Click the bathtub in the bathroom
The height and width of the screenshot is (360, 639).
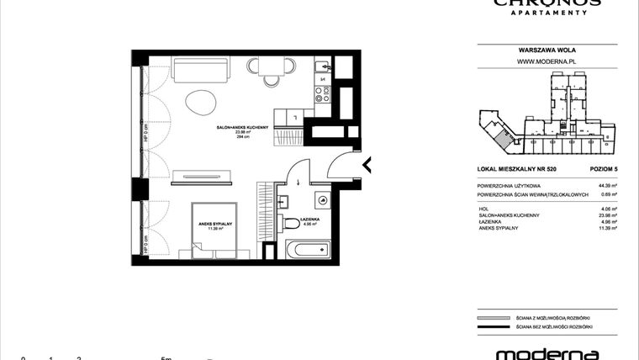coord(310,251)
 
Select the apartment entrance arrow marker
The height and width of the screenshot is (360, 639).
coord(366,164)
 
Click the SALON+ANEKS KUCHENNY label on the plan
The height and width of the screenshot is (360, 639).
coord(241,126)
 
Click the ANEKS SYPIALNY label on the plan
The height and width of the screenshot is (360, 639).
coord(215,223)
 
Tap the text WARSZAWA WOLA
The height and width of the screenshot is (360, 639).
coord(546,50)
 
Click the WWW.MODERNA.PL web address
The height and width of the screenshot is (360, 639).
coord(546,61)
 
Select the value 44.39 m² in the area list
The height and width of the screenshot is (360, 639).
coord(608,185)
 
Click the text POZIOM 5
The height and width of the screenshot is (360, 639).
coord(604,170)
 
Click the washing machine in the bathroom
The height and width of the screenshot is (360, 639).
coord(322,199)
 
